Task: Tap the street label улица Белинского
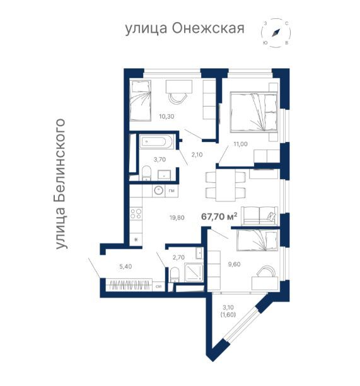coord(61,183)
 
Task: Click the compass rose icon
coord(276,32)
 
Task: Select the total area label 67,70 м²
coord(219,216)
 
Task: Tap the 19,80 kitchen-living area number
coord(176,218)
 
